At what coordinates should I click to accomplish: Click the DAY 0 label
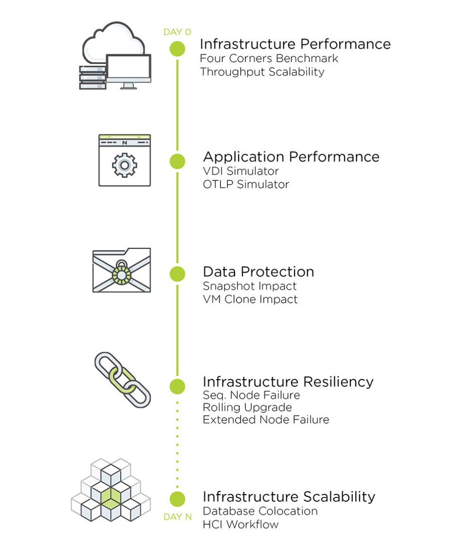click(177, 32)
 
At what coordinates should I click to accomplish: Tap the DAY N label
click(178, 517)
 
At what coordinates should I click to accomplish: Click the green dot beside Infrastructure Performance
click(177, 49)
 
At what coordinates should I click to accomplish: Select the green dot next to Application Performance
click(177, 161)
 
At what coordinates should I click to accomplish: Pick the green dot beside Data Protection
click(177, 274)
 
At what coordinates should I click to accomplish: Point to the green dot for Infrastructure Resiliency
click(177, 386)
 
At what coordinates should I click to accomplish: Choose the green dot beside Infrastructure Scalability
click(177, 499)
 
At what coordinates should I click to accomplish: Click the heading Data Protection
click(258, 272)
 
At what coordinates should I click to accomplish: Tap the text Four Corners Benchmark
click(269, 59)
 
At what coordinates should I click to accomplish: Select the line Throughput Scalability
click(262, 72)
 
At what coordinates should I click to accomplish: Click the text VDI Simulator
click(241, 171)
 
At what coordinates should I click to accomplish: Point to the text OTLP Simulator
click(246, 184)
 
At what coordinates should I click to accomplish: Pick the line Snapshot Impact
click(250, 286)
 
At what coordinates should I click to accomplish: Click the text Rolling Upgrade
click(247, 407)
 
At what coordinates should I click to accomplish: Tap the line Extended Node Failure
click(266, 419)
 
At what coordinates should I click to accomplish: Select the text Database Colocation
click(260, 511)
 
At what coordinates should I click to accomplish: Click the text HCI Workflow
click(241, 524)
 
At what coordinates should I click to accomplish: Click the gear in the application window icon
click(124, 164)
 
